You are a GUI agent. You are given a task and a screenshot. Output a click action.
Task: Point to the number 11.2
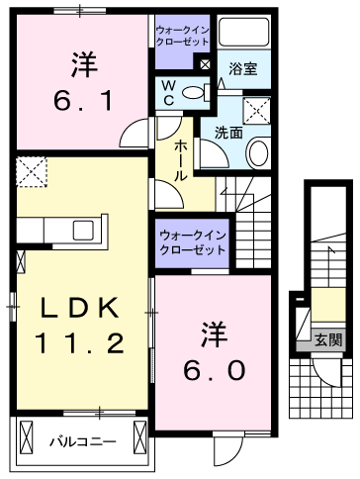[79, 344]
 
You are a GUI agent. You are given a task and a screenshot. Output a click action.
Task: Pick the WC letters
[168, 93]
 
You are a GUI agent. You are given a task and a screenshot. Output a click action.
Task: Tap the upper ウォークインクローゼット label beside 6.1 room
[180, 38]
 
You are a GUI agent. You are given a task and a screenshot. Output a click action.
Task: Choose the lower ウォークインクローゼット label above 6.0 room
[192, 242]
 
